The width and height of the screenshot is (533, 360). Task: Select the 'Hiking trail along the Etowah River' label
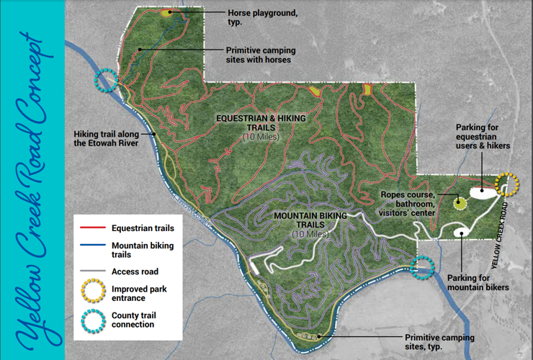(115, 138)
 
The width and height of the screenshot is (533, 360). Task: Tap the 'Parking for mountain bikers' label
(478, 283)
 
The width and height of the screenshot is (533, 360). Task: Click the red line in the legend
(93, 229)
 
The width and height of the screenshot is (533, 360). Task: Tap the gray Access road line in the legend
(93, 272)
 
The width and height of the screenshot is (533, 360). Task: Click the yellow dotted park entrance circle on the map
(508, 185)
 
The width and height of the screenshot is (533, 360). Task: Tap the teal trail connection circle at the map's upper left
(108, 81)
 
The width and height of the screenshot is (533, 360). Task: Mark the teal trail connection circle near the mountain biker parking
(422, 268)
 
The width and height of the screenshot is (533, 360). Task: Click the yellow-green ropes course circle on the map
(459, 202)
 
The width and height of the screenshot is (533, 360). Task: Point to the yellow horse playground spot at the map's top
(167, 13)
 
